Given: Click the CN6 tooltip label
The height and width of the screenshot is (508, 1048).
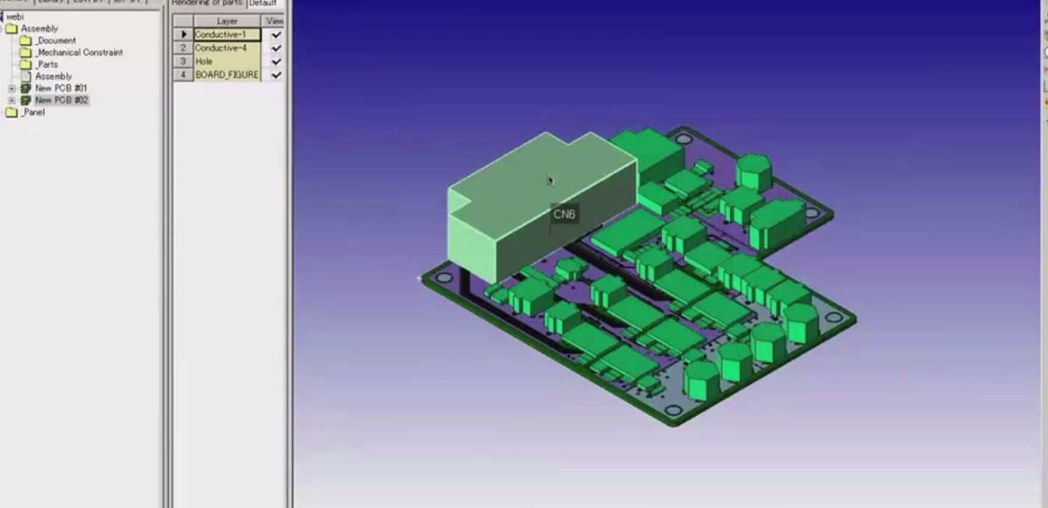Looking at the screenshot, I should pyautogui.click(x=564, y=214).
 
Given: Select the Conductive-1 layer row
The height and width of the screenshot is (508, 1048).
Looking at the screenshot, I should pyautogui.click(x=227, y=35).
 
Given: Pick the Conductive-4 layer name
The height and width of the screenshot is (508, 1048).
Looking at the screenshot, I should pyautogui.click(x=221, y=48).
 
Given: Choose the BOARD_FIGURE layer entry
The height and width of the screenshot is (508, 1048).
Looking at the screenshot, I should pyautogui.click(x=227, y=74).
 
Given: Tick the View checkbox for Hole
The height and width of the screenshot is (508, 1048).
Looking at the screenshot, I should pyautogui.click(x=276, y=62).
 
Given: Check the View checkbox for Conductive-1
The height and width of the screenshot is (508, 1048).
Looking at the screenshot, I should pyautogui.click(x=276, y=35).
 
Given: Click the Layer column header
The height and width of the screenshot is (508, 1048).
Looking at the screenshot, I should pyautogui.click(x=227, y=21).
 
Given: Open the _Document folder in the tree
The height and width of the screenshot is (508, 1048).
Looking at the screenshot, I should pyautogui.click(x=57, y=40).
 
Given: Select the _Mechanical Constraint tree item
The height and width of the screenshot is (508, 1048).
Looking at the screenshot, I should pyautogui.click(x=79, y=52).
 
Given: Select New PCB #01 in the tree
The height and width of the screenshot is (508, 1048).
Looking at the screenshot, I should pyautogui.click(x=61, y=88).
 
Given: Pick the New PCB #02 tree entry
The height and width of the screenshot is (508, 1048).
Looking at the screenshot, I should pyautogui.click(x=61, y=99).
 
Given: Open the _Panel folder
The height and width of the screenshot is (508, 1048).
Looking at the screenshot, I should pyautogui.click(x=32, y=112).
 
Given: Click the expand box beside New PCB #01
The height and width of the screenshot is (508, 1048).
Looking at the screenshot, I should pyautogui.click(x=12, y=88).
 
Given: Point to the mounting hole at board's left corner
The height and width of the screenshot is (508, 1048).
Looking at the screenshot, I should pyautogui.click(x=444, y=278).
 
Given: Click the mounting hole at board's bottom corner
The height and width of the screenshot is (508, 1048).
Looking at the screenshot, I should pyautogui.click(x=673, y=410).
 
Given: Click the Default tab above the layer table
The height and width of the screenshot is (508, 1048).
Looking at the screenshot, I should pyautogui.click(x=263, y=3).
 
